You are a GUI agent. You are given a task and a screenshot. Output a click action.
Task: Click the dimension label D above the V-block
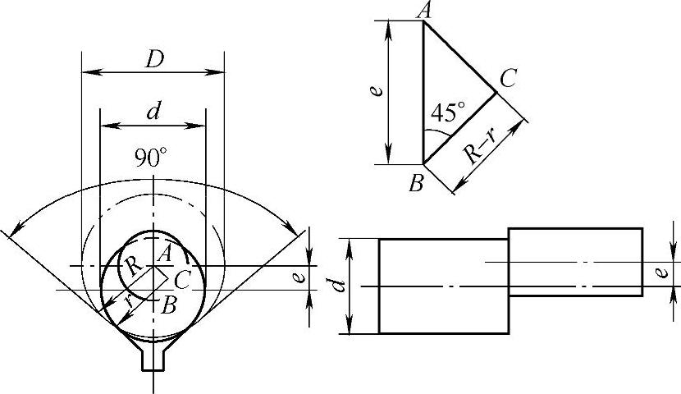pos(154,60)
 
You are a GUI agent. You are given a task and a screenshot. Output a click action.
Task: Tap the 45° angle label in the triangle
pos(448,112)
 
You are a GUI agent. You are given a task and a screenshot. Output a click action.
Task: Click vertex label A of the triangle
pos(423,11)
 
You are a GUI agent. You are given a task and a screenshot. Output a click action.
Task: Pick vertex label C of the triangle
pos(507,79)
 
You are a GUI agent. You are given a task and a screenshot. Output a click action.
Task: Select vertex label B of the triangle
pos(416,184)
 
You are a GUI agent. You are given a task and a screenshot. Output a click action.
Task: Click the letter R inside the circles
pos(133,264)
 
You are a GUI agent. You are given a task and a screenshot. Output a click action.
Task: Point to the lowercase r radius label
pos(129,300)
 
